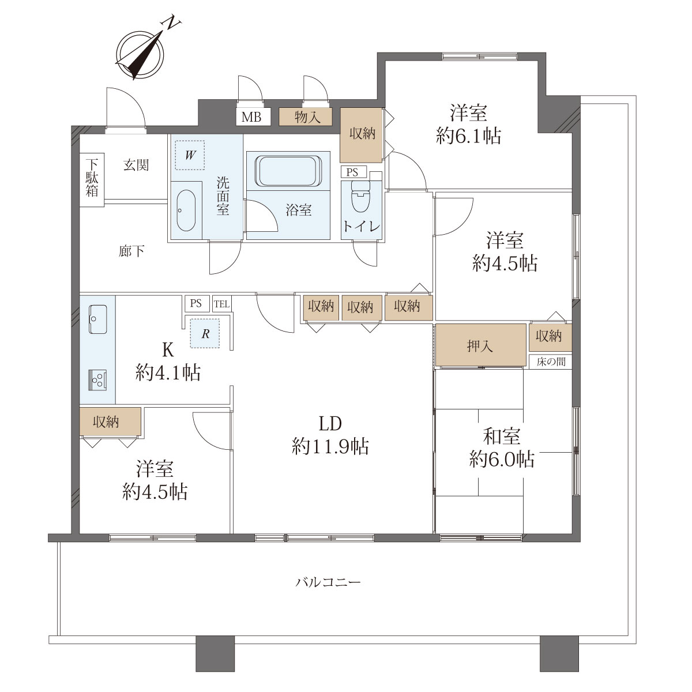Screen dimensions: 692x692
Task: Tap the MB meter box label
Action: pos(251,116)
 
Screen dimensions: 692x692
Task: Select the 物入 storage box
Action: pos(306,116)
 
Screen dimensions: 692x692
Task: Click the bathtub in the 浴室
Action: pos(287,171)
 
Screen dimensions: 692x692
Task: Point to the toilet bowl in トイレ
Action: pos(360,196)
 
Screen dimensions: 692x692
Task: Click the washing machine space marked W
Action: pos(190,155)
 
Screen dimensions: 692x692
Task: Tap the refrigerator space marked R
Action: pos(205,334)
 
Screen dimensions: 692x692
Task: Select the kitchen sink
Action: pos(97,319)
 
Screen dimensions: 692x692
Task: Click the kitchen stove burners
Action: pos(97,380)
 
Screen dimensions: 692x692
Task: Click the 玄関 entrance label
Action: pos(136,165)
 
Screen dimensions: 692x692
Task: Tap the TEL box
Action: pos(221,304)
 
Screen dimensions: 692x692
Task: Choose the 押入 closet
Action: pos(480,345)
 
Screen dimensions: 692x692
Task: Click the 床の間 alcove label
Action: pos(551,361)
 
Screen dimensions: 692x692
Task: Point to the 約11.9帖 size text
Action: pos(330,447)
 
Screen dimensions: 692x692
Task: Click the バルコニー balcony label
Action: pos(328,582)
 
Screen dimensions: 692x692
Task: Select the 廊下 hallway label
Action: pos(131,251)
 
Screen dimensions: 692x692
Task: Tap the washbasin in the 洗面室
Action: pos(186,210)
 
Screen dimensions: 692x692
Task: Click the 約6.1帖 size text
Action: pos(468,136)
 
